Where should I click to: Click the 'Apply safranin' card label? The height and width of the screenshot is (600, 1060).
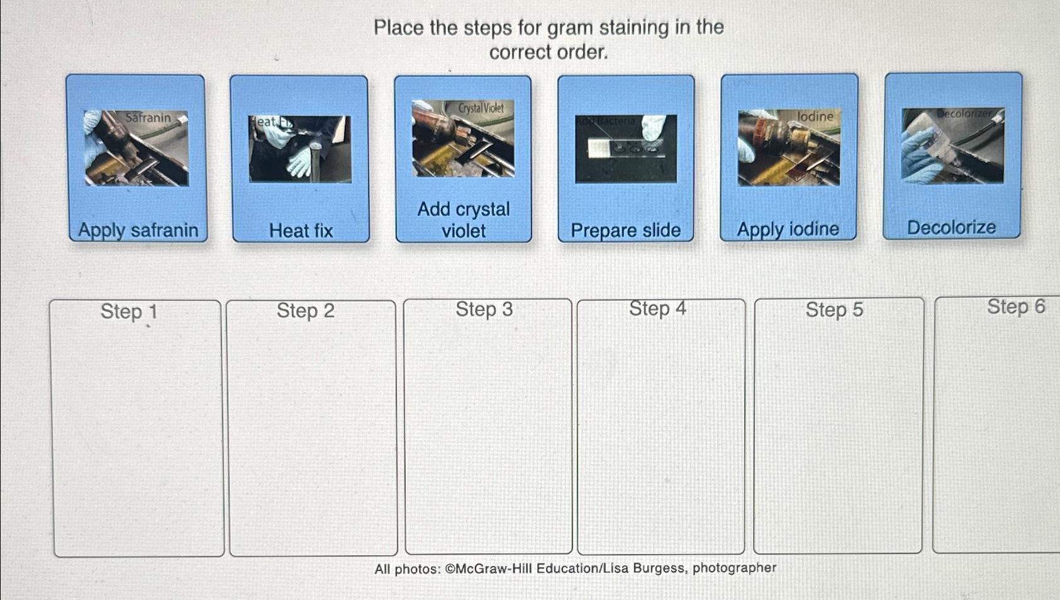(138, 230)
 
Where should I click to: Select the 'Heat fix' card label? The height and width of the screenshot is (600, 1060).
(301, 231)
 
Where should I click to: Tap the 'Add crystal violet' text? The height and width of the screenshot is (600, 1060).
(464, 220)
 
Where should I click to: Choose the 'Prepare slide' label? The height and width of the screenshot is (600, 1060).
(625, 230)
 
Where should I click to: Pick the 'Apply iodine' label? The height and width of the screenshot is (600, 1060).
(788, 229)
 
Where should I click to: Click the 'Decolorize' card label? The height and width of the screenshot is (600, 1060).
(951, 227)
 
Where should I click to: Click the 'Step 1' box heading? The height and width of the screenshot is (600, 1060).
(129, 312)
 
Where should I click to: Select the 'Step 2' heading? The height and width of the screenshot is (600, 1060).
(306, 310)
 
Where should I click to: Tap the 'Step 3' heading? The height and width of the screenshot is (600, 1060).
(484, 309)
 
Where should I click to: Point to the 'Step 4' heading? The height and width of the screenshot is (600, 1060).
(657, 308)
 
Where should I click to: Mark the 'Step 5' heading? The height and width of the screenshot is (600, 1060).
(834, 310)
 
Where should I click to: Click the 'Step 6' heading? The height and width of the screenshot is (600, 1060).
(1015, 307)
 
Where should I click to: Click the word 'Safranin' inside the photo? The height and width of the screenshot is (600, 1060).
(148, 118)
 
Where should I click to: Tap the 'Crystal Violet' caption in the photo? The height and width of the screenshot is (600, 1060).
(481, 108)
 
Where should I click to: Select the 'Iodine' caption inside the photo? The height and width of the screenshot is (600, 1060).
(815, 116)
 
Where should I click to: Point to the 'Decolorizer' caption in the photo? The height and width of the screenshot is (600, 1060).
(964, 114)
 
